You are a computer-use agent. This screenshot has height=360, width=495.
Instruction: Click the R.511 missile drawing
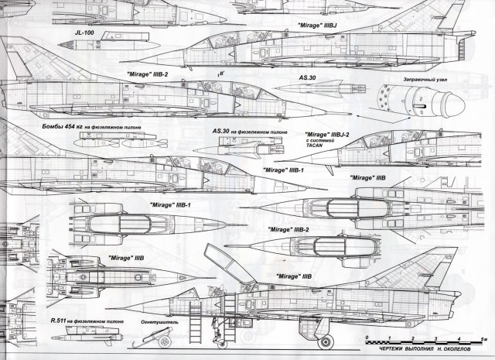click(89, 334)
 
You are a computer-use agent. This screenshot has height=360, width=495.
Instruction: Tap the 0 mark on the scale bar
click(368, 338)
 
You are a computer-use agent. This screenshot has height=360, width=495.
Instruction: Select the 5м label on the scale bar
click(482, 338)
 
